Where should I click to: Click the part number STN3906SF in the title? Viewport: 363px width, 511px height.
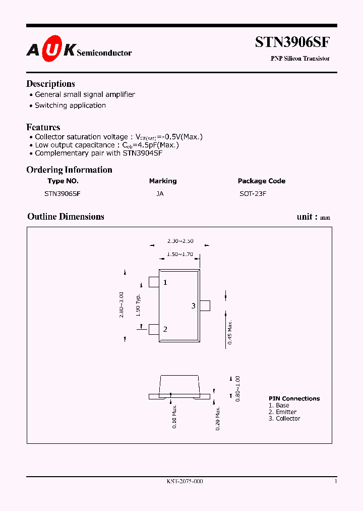[x=292, y=42]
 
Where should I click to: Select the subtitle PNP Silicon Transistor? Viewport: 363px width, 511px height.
[x=300, y=59]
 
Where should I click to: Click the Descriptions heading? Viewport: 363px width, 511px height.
[x=50, y=84]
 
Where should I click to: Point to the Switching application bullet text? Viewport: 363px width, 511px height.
[x=70, y=106]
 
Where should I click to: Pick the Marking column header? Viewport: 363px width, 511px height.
[x=163, y=181]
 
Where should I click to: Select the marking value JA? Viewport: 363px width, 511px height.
[x=160, y=193]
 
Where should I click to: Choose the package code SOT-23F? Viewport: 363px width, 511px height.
[x=253, y=193]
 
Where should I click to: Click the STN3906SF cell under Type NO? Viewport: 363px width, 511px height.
[x=63, y=193]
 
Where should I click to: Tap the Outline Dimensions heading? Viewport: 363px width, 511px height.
[x=66, y=217]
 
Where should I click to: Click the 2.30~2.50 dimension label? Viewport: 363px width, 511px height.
[x=180, y=241]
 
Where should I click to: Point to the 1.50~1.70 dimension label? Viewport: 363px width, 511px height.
[x=180, y=254]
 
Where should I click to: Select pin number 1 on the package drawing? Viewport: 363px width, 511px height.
[x=165, y=283]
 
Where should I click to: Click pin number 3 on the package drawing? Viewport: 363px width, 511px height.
[x=193, y=306]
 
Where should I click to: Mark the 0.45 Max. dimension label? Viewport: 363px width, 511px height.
[x=230, y=332]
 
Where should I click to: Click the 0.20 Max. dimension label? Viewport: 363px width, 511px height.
[x=217, y=418]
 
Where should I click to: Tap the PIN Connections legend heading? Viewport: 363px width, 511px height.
[x=294, y=398]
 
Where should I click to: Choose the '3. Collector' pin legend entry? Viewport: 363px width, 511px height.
[x=284, y=419]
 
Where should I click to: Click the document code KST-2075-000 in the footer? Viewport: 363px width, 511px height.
[x=185, y=482]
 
